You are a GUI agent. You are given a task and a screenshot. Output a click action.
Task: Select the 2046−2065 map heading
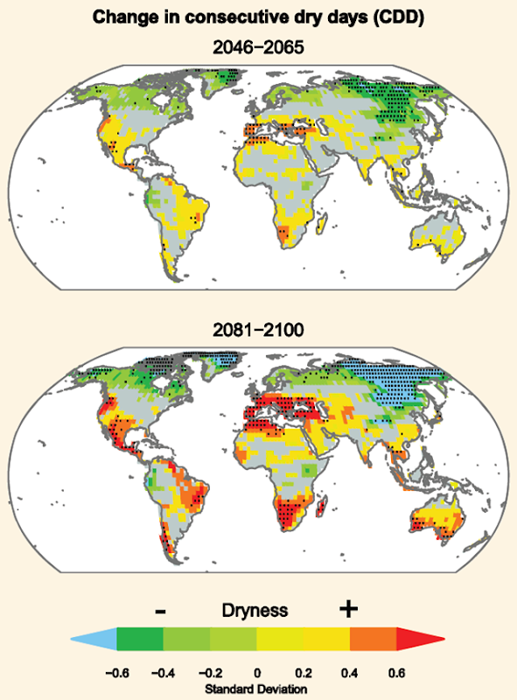tap(258, 48)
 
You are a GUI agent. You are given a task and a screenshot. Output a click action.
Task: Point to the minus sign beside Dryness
tap(159, 610)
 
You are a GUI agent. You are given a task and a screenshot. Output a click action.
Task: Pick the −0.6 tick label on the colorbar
tap(117, 673)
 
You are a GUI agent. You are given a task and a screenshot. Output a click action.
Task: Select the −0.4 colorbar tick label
tap(164, 673)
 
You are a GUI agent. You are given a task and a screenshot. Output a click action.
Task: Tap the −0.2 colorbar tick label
tap(210, 673)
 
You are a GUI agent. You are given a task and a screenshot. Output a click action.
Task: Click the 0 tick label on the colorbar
tap(257, 673)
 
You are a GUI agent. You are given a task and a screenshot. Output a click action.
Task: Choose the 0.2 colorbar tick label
tap(304, 673)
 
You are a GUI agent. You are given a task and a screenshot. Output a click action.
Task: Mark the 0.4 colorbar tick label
tap(350, 673)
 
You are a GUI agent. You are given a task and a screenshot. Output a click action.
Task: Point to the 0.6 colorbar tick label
tap(396, 673)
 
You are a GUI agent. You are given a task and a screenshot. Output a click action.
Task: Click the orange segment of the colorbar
tap(373, 640)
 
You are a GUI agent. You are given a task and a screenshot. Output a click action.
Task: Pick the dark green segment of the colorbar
tap(140, 640)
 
